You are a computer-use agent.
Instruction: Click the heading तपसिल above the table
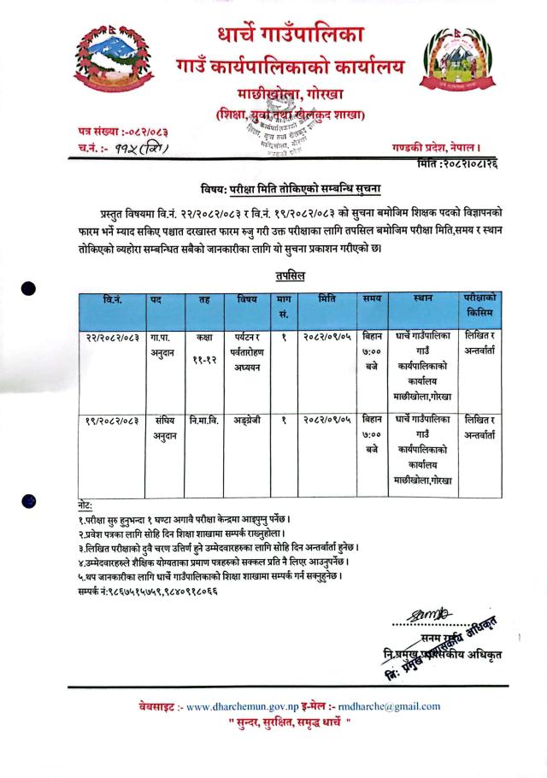(292, 276)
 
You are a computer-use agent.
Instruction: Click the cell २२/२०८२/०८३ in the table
(114, 337)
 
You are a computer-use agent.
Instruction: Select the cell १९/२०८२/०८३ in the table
(114, 420)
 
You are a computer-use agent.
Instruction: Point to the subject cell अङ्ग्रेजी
(246, 420)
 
